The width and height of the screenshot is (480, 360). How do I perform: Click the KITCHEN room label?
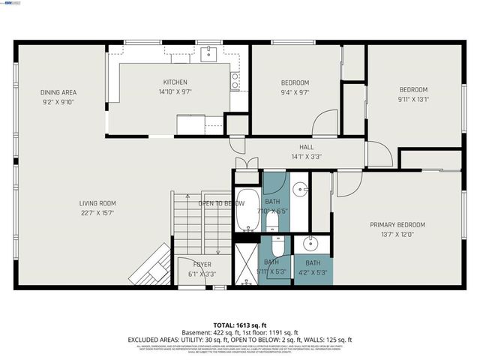click(175, 82)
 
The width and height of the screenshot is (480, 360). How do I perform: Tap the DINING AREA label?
click(58, 92)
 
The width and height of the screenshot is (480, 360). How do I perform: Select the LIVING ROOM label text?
click(97, 203)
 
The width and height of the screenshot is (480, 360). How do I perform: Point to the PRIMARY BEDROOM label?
click(397, 225)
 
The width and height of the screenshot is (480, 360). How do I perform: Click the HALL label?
click(306, 147)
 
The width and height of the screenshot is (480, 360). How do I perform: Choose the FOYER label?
click(202, 265)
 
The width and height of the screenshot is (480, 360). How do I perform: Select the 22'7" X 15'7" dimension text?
click(97, 213)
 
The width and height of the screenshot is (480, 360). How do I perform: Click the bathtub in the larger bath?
click(247, 209)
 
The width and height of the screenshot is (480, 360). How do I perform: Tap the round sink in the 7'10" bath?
click(299, 188)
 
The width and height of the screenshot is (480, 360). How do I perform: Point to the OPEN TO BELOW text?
click(221, 203)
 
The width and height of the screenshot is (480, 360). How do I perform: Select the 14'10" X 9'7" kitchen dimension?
click(175, 92)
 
